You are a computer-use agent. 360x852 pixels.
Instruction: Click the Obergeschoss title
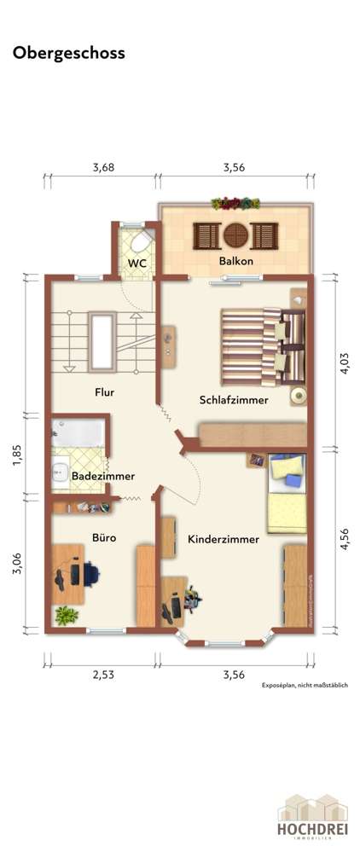tap(68, 53)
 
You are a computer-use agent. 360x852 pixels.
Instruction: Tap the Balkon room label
tap(235, 262)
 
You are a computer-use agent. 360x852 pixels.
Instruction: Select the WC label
tap(137, 264)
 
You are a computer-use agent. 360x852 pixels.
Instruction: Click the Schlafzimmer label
tap(235, 399)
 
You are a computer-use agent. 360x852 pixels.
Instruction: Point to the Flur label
tap(105, 393)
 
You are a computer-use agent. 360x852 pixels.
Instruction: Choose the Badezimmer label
tap(102, 476)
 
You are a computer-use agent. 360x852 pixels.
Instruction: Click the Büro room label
tap(104, 538)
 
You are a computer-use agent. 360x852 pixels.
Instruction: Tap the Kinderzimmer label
tap(224, 539)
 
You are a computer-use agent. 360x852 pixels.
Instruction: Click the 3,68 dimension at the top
tap(103, 168)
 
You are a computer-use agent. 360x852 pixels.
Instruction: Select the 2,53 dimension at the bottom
tap(103, 675)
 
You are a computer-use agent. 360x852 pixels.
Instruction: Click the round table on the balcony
tap(235, 234)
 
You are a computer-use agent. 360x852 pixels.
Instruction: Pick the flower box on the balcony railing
tap(236, 203)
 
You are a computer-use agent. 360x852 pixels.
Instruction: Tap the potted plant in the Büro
tap(65, 614)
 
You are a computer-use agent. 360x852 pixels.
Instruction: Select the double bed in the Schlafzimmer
tap(260, 345)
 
